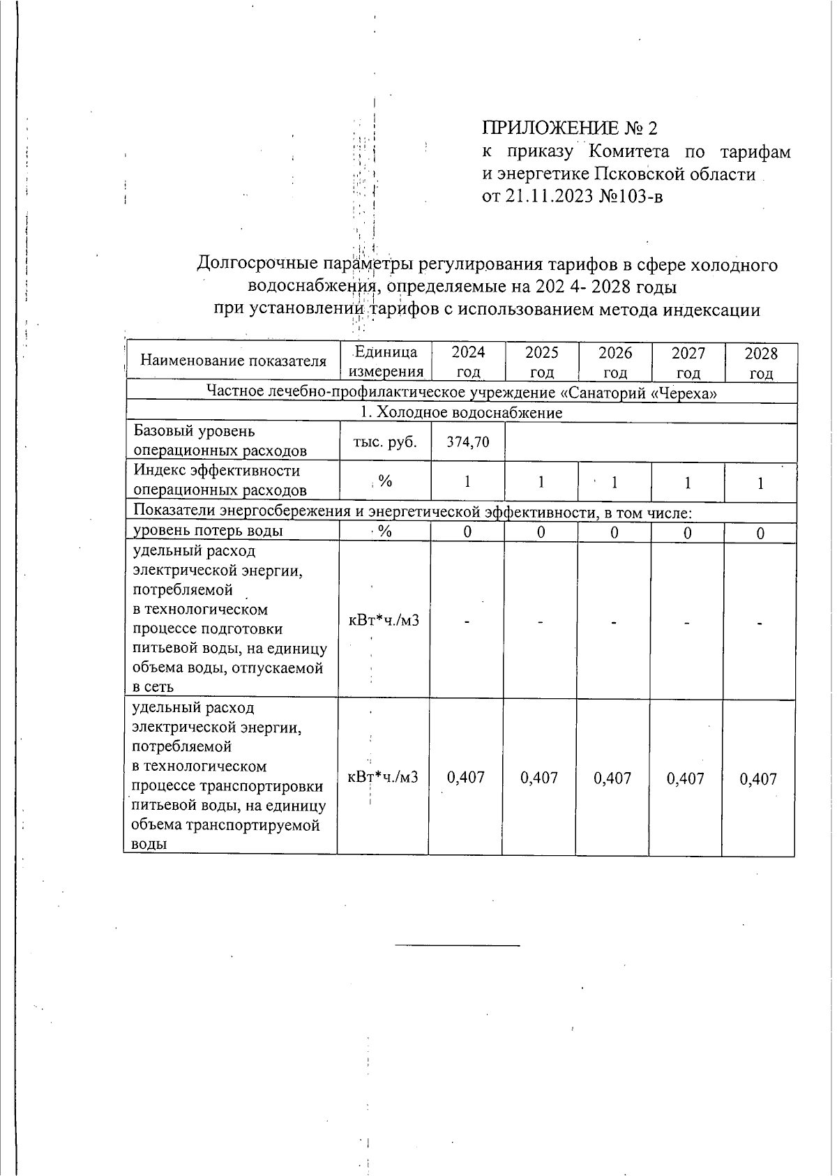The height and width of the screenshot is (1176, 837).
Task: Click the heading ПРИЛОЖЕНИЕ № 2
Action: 569,128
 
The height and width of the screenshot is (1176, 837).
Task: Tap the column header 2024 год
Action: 468,362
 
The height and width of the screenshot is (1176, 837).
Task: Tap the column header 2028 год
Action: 760,362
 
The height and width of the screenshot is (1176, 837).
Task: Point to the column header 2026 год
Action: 614,362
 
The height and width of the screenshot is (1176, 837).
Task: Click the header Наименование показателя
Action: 234,361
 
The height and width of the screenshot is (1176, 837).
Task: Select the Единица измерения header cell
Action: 386,362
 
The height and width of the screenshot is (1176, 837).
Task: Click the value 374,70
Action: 468,442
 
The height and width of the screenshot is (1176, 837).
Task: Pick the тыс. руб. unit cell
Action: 385,442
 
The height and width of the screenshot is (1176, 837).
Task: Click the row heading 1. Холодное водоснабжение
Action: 461,413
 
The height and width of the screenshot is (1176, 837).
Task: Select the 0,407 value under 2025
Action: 539,778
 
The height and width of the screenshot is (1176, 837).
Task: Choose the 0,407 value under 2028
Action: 758,778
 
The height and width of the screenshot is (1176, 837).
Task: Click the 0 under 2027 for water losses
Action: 687,533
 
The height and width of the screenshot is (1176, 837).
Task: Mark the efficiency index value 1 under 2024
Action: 468,482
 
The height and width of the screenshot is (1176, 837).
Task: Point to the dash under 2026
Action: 614,621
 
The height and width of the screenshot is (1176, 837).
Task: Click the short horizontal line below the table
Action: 458,945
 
